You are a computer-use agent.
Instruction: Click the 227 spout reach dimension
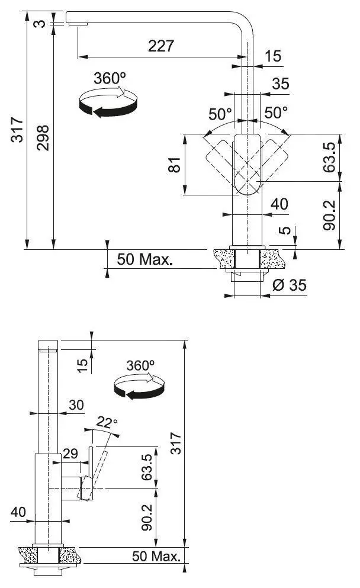(x=161, y=46)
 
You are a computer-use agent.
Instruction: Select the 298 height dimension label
(x=43, y=138)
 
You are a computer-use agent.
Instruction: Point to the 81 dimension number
(x=174, y=165)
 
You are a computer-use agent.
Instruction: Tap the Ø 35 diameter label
(x=289, y=285)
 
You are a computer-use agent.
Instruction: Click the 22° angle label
(x=107, y=422)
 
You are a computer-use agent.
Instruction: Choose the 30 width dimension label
(x=76, y=404)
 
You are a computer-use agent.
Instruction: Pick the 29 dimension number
(x=70, y=454)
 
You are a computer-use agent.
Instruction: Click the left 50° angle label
(x=220, y=114)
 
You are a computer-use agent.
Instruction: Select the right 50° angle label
(x=276, y=113)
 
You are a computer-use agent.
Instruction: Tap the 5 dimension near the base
(x=285, y=230)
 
